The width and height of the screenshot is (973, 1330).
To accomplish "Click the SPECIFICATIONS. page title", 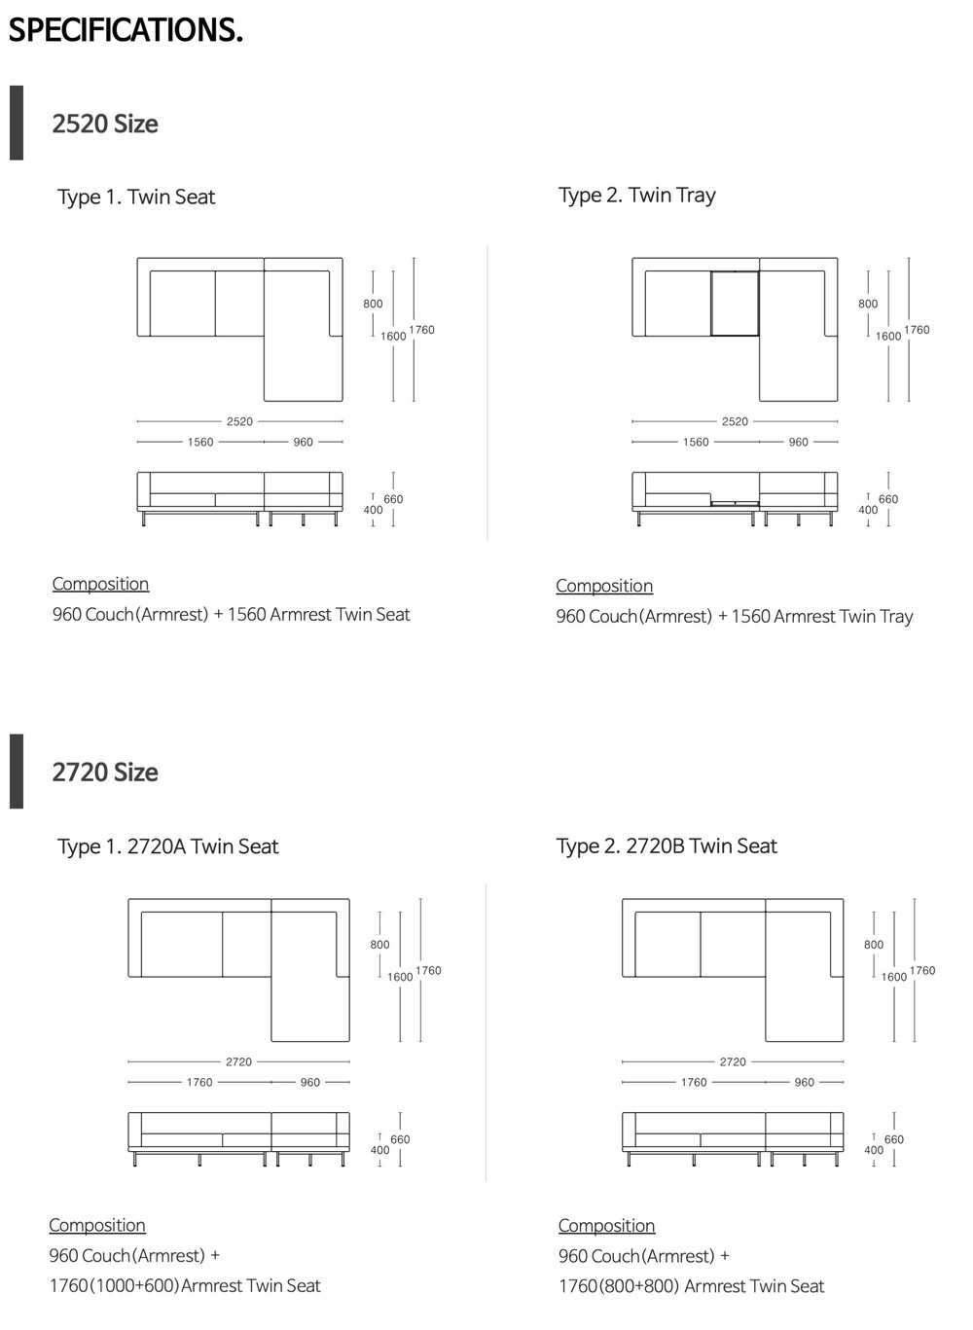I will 126,30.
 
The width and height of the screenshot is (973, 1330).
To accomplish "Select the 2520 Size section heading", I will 105,125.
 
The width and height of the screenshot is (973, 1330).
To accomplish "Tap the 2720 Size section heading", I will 105,773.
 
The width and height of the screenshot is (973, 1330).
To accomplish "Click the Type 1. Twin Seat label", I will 136,197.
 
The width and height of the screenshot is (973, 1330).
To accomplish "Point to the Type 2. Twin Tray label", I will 636,195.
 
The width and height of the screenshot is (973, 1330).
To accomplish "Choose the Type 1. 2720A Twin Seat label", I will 167,846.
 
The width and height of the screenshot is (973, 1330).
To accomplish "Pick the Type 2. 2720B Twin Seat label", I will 667,846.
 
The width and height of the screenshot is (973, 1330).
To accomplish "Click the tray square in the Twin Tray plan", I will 735,304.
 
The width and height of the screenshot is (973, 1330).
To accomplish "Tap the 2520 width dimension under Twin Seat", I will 239,421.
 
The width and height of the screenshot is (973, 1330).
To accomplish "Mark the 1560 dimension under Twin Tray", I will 696,442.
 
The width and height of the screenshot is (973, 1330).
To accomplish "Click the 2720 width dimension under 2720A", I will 238,1061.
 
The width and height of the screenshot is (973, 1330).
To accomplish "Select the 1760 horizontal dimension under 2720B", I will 694,1082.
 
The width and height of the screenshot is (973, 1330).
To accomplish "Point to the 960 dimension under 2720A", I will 310,1082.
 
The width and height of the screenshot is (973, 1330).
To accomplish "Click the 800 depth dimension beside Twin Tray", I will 868,304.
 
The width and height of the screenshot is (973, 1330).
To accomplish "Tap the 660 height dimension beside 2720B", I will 894,1139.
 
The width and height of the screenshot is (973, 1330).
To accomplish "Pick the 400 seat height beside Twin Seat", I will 373,510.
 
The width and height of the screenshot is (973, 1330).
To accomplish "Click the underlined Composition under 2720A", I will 97,1225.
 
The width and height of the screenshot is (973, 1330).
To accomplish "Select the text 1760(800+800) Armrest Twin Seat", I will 691,1286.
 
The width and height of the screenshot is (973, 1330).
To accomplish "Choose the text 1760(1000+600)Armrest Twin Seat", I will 185,1285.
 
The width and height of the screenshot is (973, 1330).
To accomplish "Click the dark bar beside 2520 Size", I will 17,123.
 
